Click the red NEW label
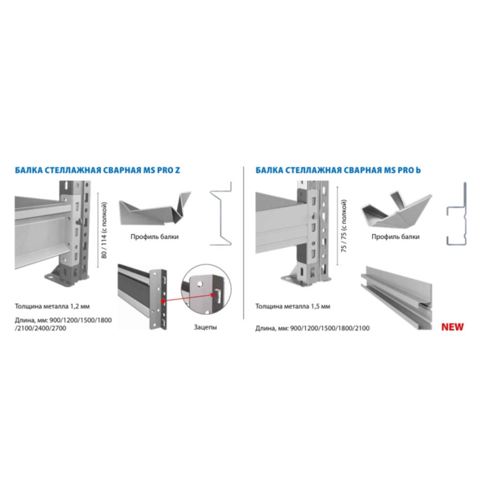[x=452, y=327]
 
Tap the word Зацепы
[x=205, y=327]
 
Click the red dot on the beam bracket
[x=163, y=301]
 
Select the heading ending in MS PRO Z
[x=97, y=170]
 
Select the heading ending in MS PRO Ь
[x=338, y=170]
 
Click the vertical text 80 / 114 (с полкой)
[x=104, y=230]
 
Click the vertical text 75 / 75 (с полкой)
[x=344, y=226]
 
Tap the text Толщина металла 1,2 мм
[x=52, y=306]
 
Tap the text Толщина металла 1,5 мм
[x=293, y=306]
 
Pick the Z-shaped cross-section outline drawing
[x=221, y=214]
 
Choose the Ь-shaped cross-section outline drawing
[x=457, y=214]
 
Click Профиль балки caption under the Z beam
[x=155, y=237]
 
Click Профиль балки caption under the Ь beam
[x=395, y=237]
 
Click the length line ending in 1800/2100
[x=312, y=328]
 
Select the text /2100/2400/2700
[x=40, y=328]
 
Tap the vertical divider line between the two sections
[x=244, y=242]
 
